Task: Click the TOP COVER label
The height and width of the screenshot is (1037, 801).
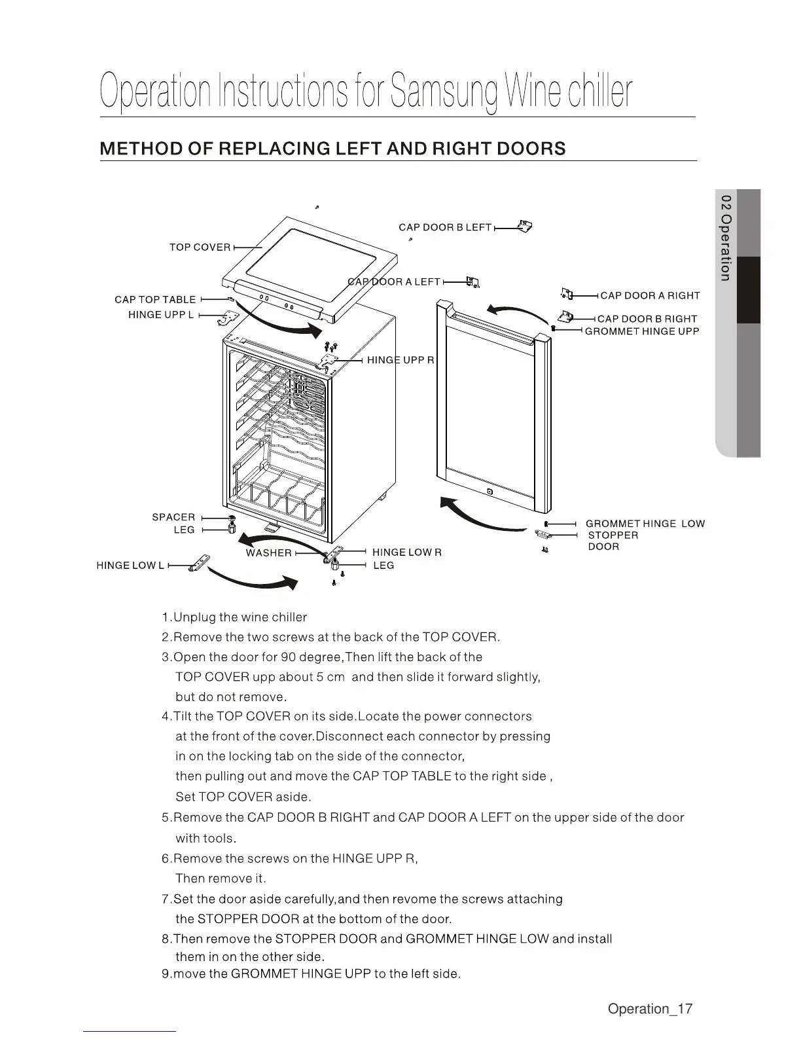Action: [200, 247]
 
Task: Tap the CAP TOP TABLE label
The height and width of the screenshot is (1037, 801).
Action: [155, 300]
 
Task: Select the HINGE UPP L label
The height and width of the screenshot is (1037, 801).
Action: [161, 315]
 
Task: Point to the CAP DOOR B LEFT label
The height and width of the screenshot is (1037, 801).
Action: [445, 227]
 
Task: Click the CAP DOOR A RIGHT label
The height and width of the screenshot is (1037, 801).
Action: [650, 296]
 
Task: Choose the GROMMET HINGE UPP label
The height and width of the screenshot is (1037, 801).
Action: [641, 331]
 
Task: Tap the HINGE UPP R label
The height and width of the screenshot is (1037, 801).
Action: [400, 360]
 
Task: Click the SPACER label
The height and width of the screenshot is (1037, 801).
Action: [173, 517]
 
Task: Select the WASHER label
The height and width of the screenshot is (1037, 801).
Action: [268, 553]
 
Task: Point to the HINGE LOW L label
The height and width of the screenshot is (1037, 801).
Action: [130, 566]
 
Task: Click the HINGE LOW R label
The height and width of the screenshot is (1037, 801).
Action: [406, 553]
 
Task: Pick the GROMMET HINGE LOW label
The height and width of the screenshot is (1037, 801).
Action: [645, 524]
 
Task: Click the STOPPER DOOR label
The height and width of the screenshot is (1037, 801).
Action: [613, 541]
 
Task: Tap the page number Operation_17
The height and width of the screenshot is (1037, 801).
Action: [649, 1009]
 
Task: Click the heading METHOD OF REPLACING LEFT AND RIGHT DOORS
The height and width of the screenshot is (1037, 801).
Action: [332, 149]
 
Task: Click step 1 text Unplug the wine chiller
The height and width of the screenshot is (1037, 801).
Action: [234, 617]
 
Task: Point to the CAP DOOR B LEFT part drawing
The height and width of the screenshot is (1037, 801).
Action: [524, 227]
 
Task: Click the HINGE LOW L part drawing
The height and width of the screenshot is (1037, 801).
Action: [201, 562]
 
